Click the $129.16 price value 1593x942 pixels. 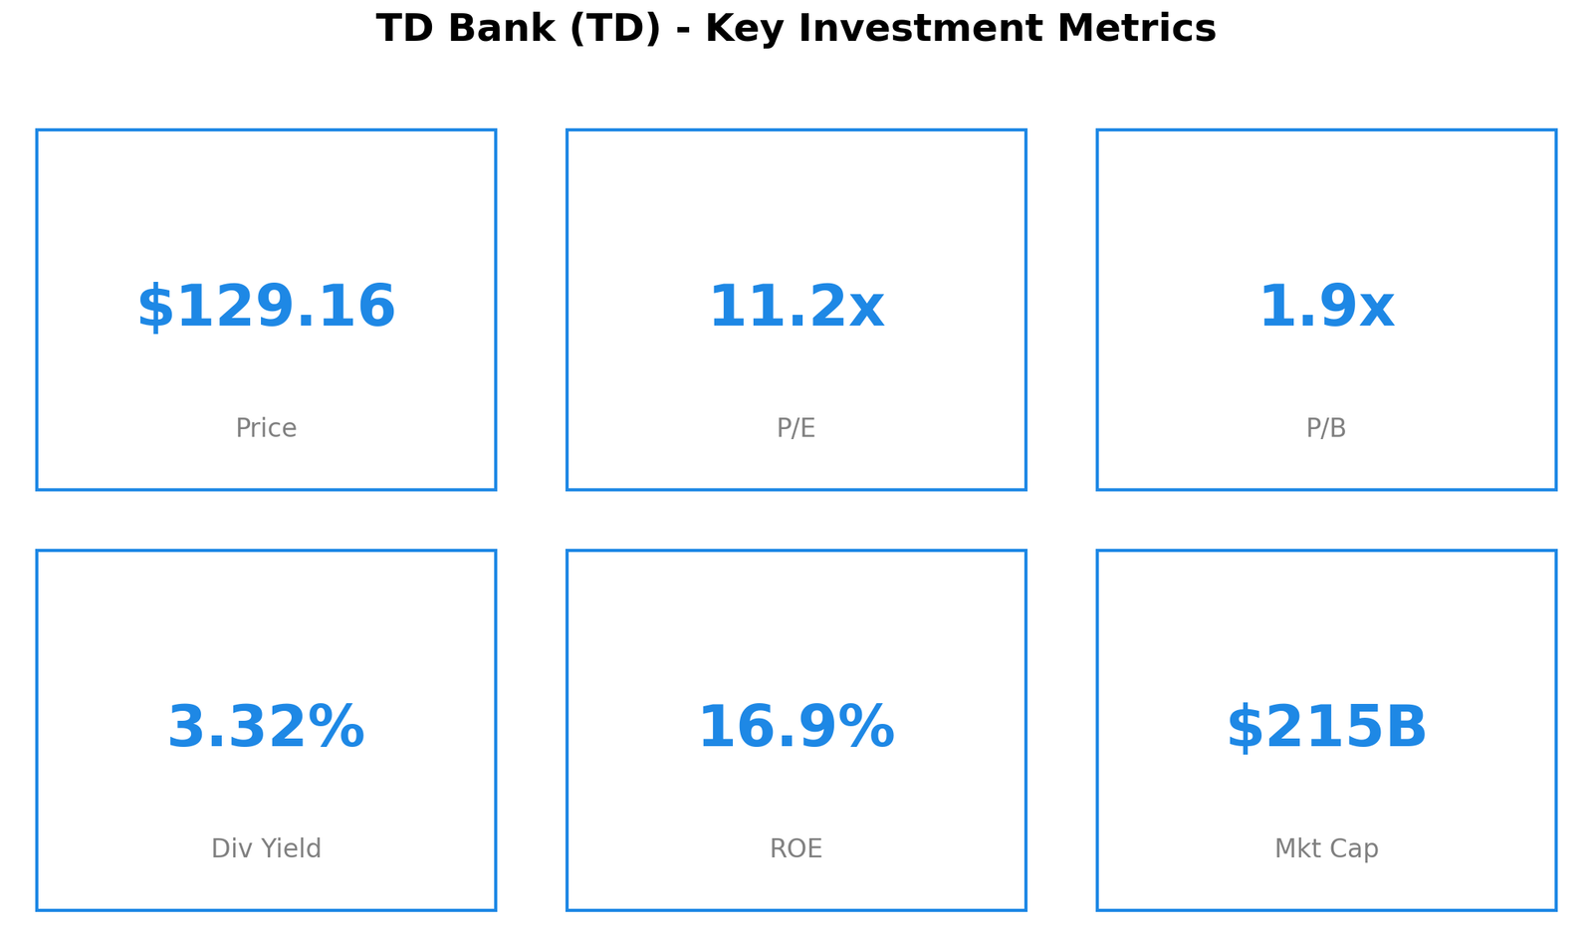click(266, 308)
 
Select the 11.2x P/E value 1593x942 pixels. click(796, 308)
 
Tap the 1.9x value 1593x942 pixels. click(1326, 308)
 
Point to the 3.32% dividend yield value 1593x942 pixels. click(266, 728)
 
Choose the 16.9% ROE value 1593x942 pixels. click(796, 728)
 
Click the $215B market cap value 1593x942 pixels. click(1326, 728)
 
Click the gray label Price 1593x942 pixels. click(266, 428)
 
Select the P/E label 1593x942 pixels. click(796, 428)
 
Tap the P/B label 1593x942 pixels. click(1326, 428)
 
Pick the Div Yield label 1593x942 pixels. click(266, 848)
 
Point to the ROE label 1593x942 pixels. click(796, 848)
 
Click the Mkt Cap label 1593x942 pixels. click(1326, 848)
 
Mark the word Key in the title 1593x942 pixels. click(739, 28)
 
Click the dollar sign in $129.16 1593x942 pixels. click(153, 308)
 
